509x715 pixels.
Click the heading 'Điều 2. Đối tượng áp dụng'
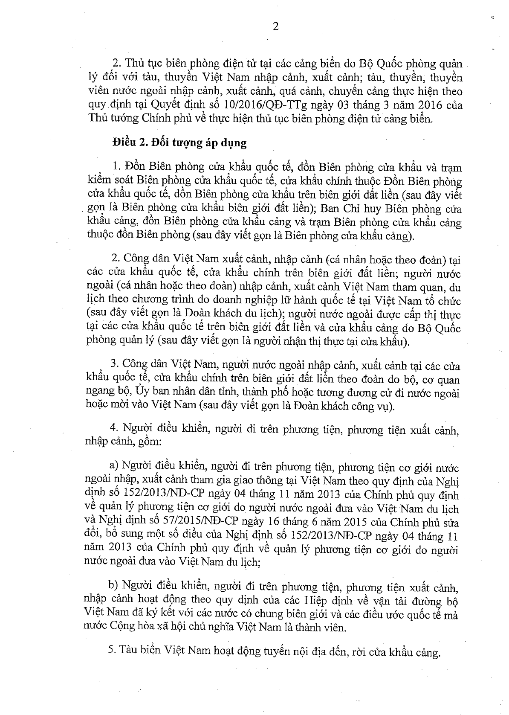[179, 142]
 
